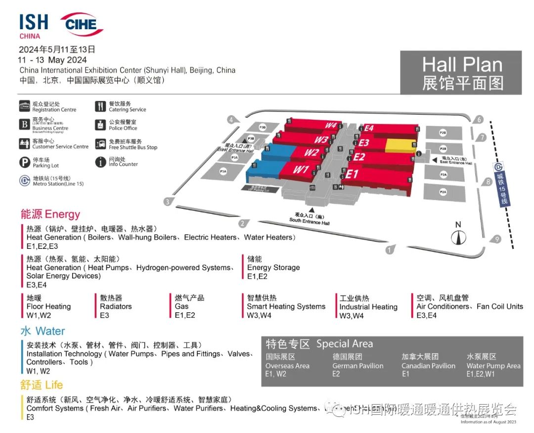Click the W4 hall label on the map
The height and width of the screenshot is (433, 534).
(x=330, y=126)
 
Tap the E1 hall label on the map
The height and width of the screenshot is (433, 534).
(x=351, y=174)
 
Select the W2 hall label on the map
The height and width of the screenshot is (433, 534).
(x=311, y=153)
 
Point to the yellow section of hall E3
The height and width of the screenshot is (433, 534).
(x=400, y=145)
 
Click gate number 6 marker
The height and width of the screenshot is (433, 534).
(x=479, y=119)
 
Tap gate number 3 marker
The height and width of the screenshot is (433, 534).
(x=168, y=201)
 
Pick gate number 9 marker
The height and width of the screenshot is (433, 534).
(x=497, y=240)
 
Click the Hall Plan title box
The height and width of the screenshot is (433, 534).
(x=461, y=73)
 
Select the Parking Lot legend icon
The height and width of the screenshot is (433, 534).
(x=24, y=162)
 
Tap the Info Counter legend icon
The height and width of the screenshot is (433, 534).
(x=100, y=162)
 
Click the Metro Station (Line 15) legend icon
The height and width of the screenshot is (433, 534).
(x=24, y=181)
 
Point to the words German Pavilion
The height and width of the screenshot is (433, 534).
(x=357, y=366)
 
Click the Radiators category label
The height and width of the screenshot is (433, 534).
(x=116, y=306)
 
